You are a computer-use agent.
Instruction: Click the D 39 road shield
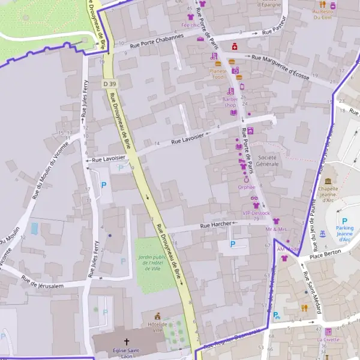(109, 83)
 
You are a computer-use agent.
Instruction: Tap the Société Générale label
(268, 160)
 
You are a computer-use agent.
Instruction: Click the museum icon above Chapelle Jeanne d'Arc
(328, 181)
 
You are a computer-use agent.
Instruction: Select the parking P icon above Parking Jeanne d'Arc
(344, 221)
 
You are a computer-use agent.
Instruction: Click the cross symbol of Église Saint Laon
(127, 341)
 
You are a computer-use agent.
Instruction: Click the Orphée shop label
(247, 187)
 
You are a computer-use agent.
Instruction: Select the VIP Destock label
(256, 213)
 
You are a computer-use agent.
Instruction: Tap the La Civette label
(328, 339)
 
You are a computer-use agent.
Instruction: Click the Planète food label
(217, 74)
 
